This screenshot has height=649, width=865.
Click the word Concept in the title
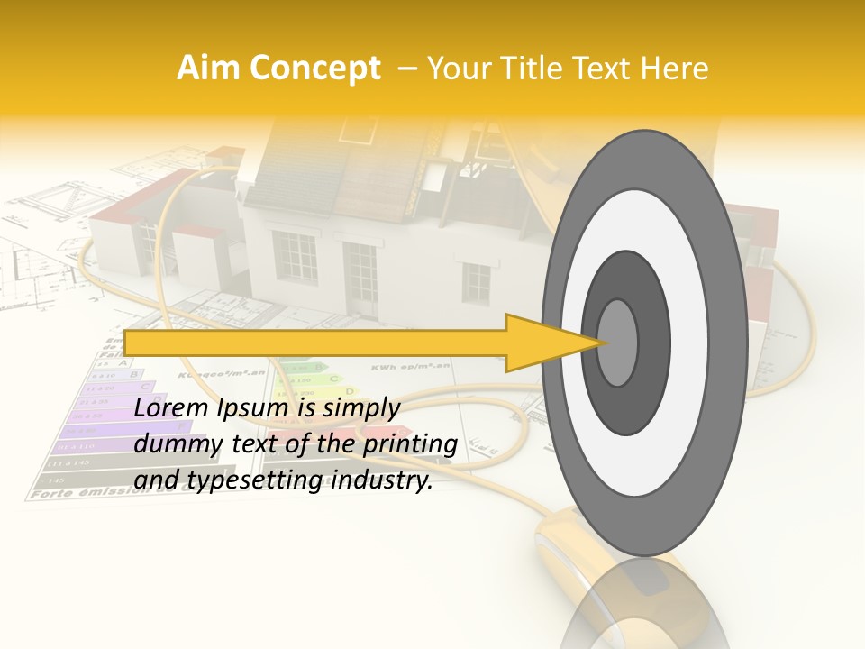click(x=314, y=69)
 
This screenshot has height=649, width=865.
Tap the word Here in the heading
click(x=676, y=69)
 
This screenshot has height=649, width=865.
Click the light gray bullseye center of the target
click(x=617, y=343)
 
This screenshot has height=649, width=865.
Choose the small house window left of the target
click(x=475, y=282)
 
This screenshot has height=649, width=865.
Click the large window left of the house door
click(x=294, y=256)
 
